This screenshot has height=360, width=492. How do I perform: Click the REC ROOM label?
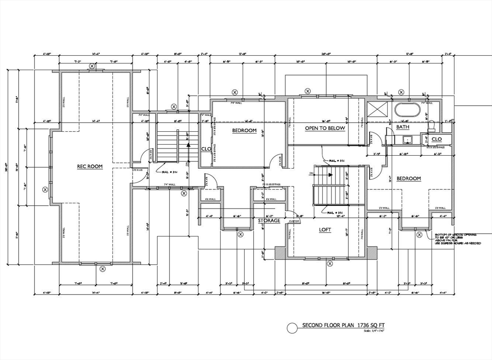[90, 167]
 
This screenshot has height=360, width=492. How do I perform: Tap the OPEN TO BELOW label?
[325, 128]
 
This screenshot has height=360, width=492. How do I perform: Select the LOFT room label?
[325, 230]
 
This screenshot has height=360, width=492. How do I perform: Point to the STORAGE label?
[269, 221]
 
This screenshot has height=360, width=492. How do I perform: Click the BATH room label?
[403, 127]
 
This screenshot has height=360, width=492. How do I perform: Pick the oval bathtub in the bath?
[407, 110]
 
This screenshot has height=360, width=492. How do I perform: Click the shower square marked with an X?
[377, 109]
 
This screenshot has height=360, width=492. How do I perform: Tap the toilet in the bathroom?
[431, 126]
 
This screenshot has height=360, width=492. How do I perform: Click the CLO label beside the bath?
[436, 139]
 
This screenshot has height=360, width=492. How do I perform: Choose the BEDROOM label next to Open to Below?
[244, 131]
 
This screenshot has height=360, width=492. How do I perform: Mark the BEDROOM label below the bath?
[408, 179]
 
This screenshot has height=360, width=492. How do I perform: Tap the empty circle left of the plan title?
[292, 328]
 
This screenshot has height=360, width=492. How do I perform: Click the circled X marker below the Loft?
[330, 263]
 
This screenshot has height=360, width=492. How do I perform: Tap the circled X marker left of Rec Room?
[45, 189]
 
